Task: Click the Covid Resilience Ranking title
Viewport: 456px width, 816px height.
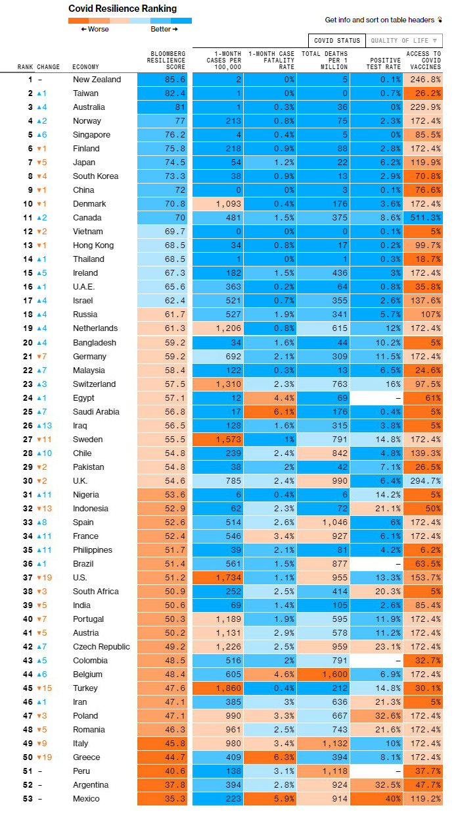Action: tap(123, 9)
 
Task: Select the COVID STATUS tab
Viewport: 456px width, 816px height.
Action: tap(336, 40)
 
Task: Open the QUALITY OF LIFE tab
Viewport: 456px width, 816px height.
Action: tap(403, 40)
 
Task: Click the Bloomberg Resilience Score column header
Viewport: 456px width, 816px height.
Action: tap(166, 60)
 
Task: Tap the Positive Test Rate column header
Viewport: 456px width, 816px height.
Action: tap(383, 63)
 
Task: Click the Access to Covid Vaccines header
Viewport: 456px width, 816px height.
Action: tap(424, 60)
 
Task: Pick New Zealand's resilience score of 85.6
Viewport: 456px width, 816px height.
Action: tap(162, 80)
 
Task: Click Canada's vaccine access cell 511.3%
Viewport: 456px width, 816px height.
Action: tap(423, 217)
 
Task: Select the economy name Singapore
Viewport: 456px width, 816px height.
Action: tap(91, 135)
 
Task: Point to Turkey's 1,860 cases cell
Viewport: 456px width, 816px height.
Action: tap(218, 688)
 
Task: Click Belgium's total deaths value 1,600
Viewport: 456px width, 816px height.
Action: tap(323, 675)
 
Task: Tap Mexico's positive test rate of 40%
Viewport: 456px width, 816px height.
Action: tap(376, 798)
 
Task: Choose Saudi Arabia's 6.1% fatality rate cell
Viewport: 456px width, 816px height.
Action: tap(270, 412)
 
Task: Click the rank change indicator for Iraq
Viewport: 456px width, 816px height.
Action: tap(45, 426)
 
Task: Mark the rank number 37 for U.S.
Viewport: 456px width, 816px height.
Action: tap(28, 577)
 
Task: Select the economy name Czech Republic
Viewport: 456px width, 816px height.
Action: tap(101, 647)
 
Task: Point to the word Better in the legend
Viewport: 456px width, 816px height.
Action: tap(161, 29)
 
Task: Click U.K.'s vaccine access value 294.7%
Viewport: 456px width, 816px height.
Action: tap(423, 481)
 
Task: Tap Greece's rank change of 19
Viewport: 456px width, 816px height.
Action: tap(45, 757)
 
